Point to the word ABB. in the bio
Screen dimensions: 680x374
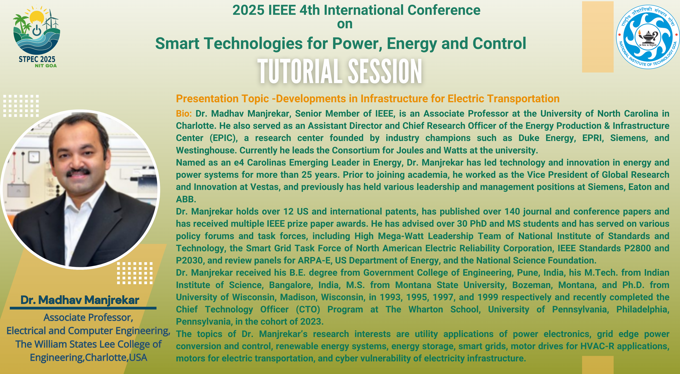(186, 199)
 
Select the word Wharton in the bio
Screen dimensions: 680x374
(426, 309)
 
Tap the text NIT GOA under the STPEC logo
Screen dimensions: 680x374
(46, 66)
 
